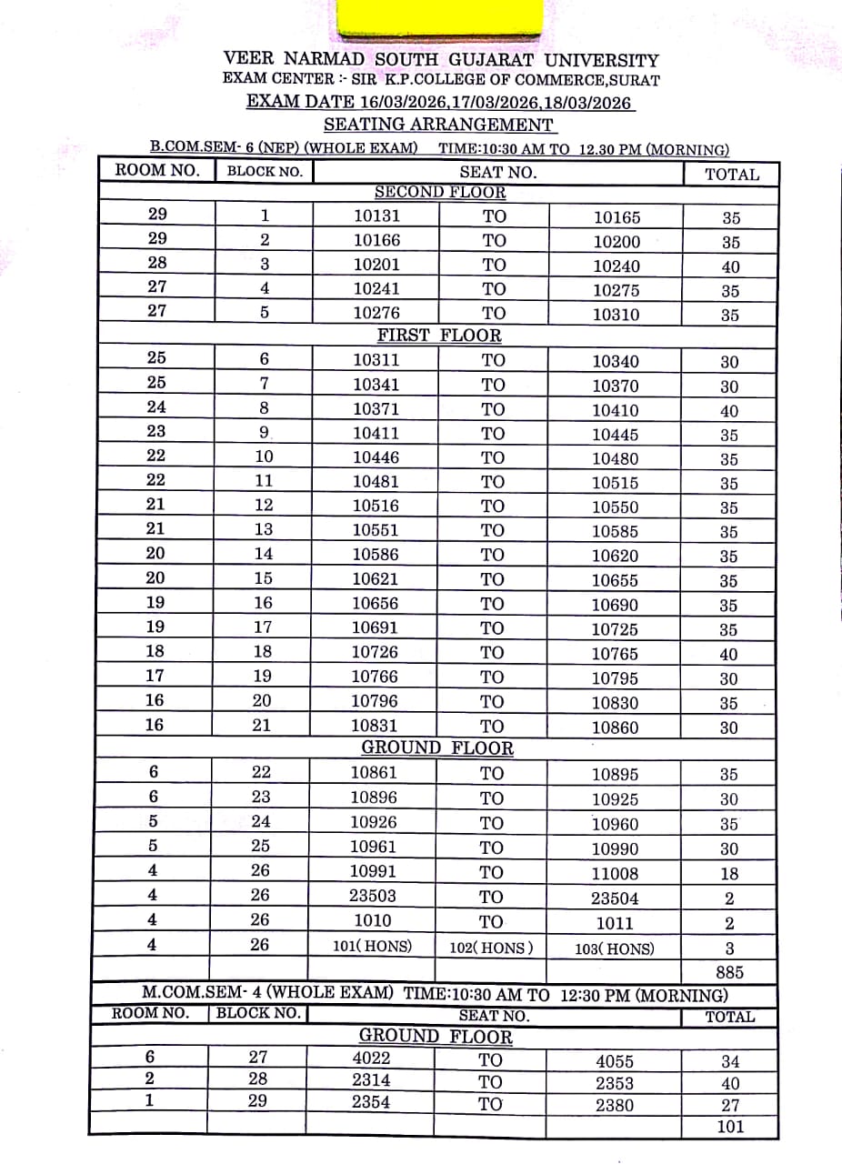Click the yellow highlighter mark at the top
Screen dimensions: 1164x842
[442, 18]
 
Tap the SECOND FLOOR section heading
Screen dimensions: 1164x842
[440, 192]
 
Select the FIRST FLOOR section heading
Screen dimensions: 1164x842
[439, 335]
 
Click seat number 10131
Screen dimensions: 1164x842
[376, 216]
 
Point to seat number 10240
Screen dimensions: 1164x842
[616, 266]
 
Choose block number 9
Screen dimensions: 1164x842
[265, 433]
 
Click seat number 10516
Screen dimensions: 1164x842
[376, 506]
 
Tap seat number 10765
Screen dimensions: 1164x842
[616, 654]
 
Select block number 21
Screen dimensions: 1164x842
[263, 725]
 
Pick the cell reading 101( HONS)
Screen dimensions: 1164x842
[372, 946]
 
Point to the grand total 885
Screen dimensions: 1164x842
[730, 971]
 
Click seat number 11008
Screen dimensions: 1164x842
[616, 874]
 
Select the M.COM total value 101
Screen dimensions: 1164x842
[730, 1127]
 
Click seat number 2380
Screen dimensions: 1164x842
[615, 1105]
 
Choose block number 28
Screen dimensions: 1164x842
[258, 1079]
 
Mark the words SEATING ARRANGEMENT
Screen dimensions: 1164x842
[438, 125]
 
